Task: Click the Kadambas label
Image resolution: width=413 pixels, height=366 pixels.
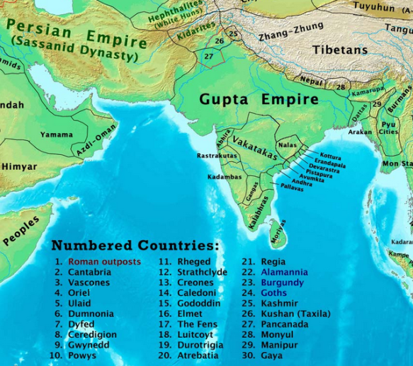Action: (x=225, y=177)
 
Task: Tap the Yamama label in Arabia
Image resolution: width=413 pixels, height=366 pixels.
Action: (x=56, y=135)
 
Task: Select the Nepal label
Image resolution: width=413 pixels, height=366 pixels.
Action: (x=312, y=81)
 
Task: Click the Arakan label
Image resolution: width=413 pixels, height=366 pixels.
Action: (x=360, y=132)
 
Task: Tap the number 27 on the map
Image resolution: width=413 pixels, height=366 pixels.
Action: (x=208, y=56)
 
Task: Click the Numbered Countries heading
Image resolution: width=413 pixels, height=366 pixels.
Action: (x=135, y=246)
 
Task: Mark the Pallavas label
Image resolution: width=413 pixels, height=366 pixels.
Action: (x=291, y=188)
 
